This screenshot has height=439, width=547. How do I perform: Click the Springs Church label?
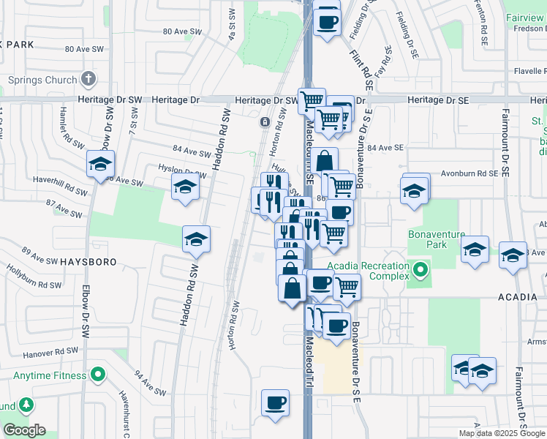pos(42,80)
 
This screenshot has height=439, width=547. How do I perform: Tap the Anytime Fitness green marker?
pos(97,376)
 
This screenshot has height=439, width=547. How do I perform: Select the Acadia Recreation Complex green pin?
pos(420,271)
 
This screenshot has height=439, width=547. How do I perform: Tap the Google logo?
pos(24,430)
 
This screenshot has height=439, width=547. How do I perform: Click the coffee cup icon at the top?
pos(328,21)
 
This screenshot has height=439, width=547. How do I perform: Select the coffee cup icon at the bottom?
pos(276,403)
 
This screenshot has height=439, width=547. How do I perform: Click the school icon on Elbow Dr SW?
pos(100,165)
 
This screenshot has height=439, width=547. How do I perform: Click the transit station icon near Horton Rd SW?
pos(263,122)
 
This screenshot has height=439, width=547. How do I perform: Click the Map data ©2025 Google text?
pos(502,433)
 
